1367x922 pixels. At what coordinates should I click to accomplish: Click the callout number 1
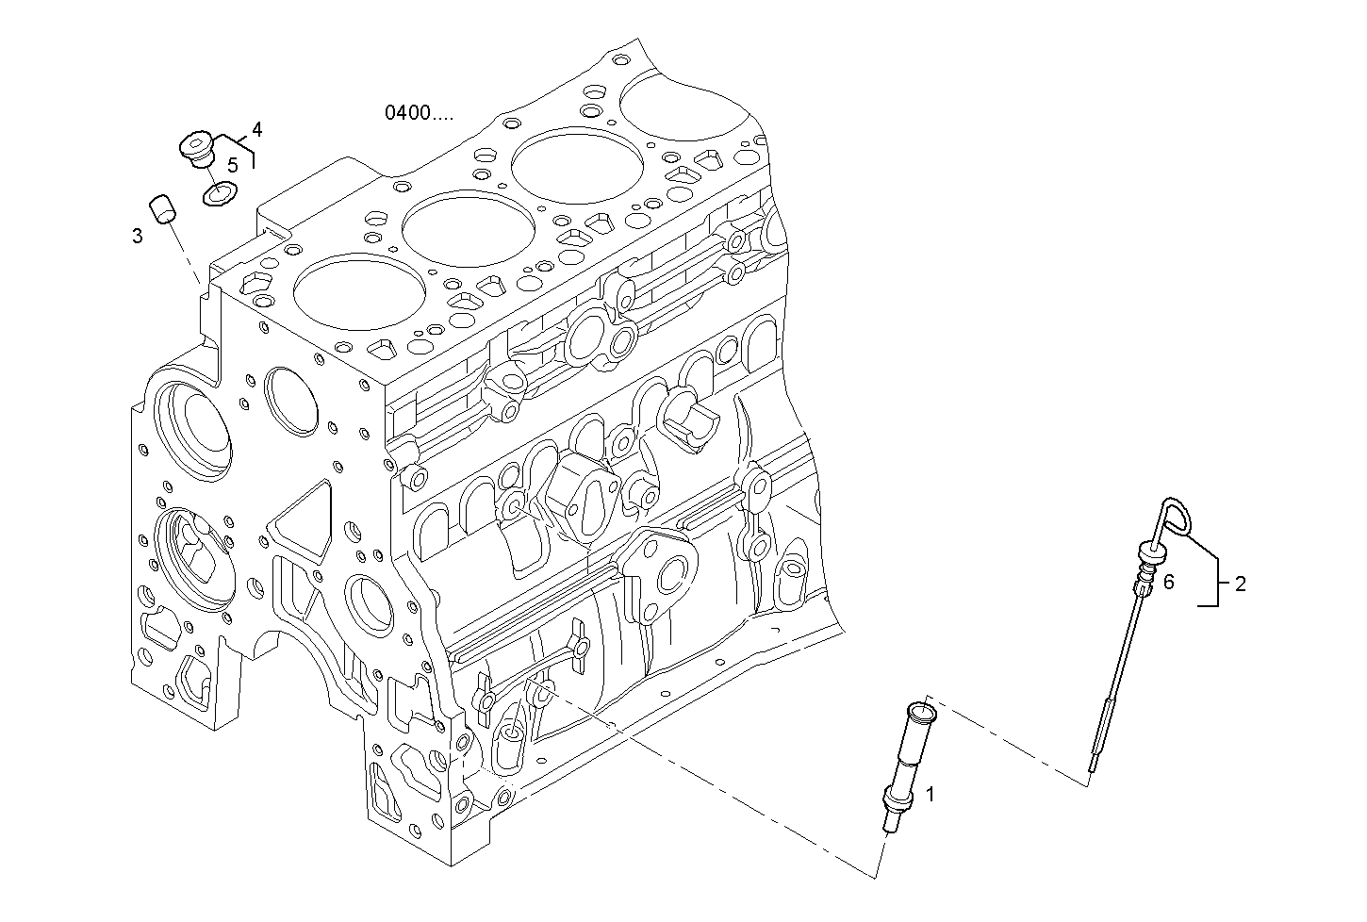click(x=930, y=795)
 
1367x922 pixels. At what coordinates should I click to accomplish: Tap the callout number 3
click(x=138, y=236)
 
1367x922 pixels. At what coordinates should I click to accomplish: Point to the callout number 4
click(x=256, y=128)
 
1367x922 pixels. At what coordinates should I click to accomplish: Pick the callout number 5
click(x=232, y=164)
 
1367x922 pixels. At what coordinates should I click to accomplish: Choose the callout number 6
click(x=1168, y=583)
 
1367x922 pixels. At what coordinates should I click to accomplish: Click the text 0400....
click(x=418, y=113)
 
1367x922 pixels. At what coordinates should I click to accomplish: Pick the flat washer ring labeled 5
click(x=219, y=195)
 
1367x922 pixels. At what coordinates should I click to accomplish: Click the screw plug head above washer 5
click(x=197, y=146)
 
